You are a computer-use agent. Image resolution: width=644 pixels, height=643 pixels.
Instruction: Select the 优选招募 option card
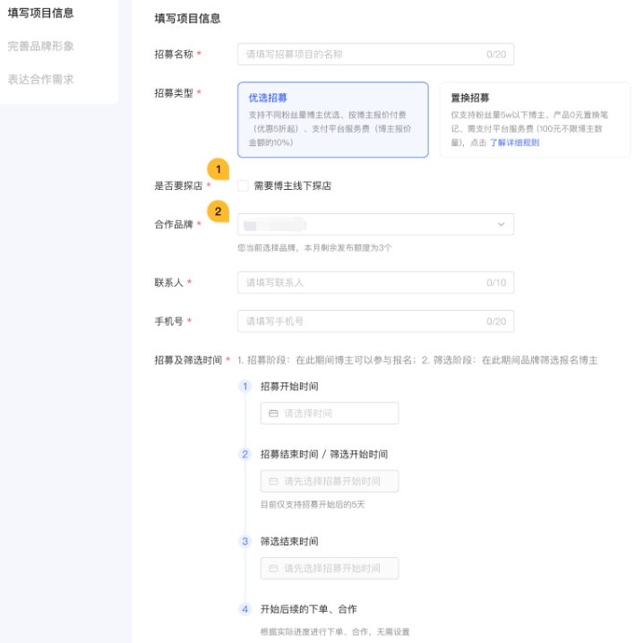[x=332, y=120]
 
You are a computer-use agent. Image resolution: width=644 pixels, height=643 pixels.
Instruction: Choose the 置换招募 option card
[x=534, y=120]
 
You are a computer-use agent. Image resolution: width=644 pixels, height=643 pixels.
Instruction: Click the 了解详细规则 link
[x=514, y=142]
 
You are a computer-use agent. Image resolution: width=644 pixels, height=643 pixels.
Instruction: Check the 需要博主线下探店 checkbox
[x=244, y=186]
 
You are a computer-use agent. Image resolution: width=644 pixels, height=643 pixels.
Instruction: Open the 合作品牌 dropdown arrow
[x=501, y=224]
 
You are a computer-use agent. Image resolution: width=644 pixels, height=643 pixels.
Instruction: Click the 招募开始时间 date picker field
[x=330, y=414]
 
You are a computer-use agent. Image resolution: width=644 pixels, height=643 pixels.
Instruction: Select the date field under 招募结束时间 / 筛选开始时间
[x=330, y=481]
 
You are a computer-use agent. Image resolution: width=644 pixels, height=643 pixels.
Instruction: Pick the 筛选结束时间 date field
[x=330, y=569]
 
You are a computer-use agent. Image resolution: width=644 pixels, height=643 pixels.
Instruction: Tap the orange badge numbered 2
[x=217, y=211]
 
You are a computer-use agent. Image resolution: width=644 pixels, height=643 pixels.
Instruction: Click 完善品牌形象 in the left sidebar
[x=41, y=46]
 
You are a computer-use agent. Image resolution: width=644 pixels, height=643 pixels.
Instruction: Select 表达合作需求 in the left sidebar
[x=41, y=79]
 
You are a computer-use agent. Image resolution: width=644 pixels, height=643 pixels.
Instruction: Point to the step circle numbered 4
[x=245, y=609]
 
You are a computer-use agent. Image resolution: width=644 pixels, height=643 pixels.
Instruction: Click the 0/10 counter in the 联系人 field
[x=496, y=282]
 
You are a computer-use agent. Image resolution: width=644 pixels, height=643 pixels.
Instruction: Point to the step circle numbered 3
[x=245, y=542]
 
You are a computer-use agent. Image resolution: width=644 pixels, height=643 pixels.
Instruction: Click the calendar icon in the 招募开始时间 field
[x=273, y=414]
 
